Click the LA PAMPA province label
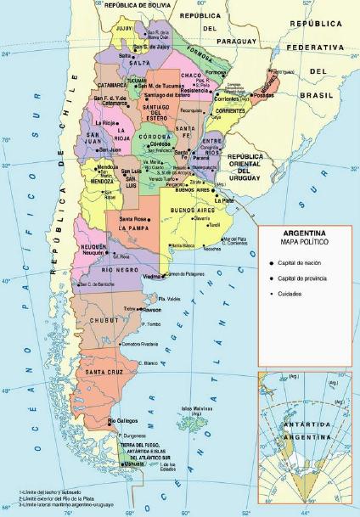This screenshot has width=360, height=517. point(134,228)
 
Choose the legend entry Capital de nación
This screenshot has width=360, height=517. point(296,263)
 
